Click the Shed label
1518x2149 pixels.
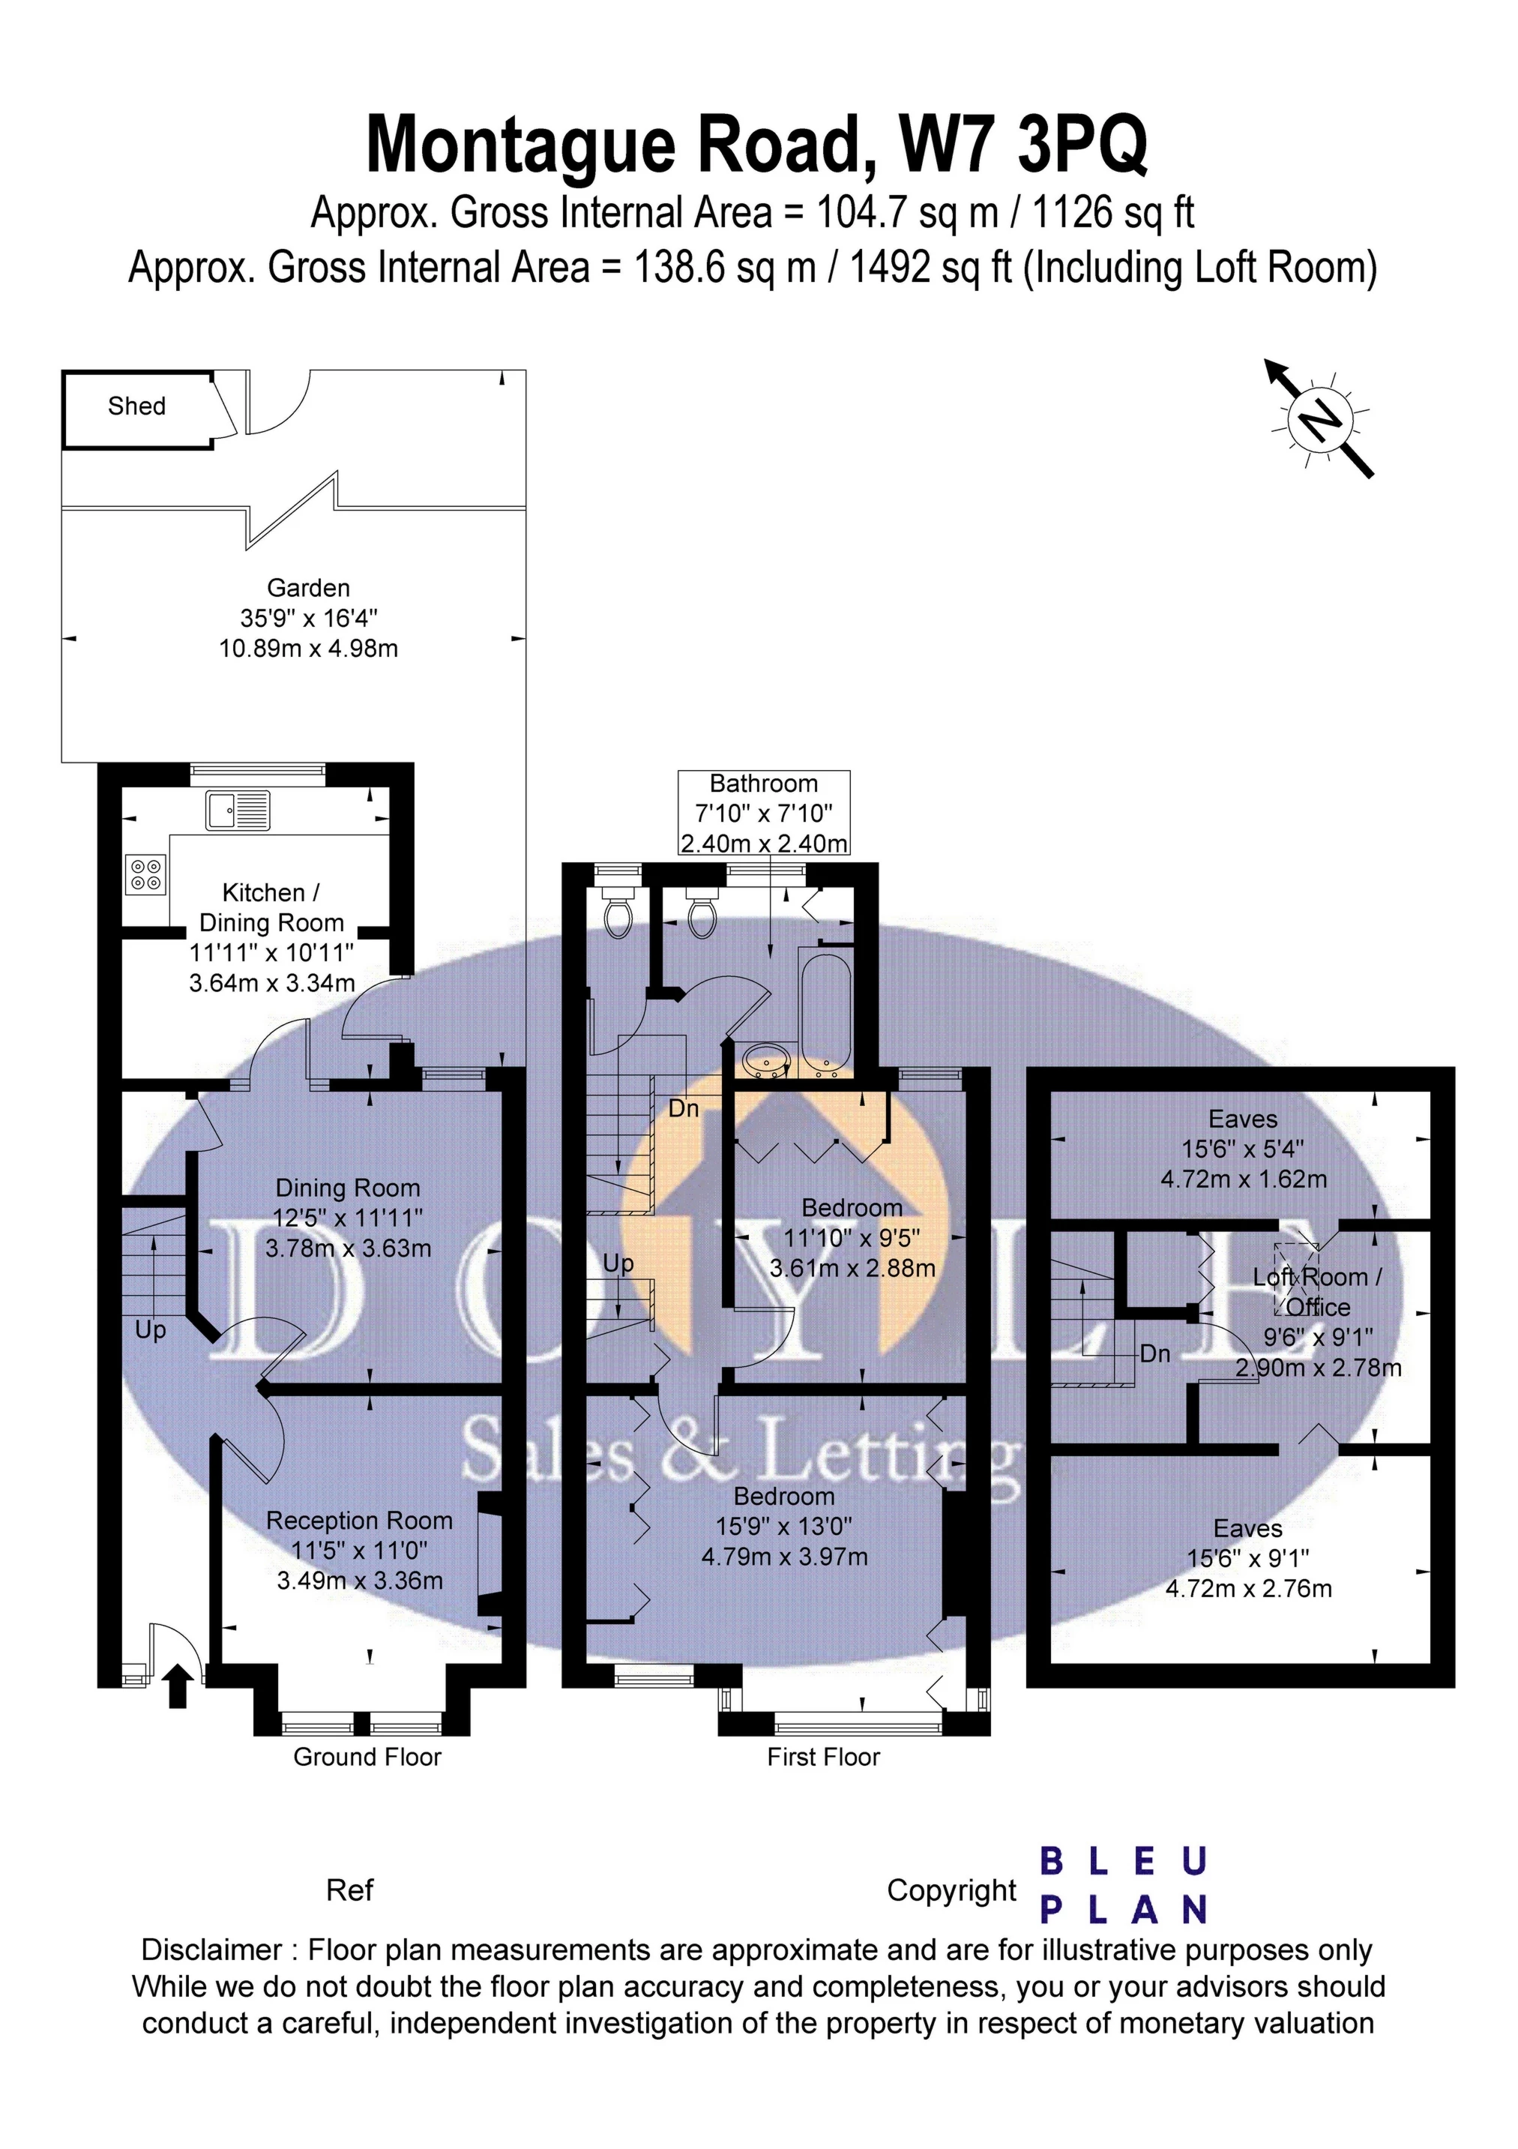click(x=136, y=406)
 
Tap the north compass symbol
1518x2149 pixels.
click(x=1319, y=418)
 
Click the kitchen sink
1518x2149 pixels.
click(x=238, y=811)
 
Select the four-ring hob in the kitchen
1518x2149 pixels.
click(x=145, y=874)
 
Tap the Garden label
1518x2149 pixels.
click(x=309, y=588)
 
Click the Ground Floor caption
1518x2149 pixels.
click(x=367, y=1757)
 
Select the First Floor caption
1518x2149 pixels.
click(x=824, y=1757)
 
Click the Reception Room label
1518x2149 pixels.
click(x=359, y=1521)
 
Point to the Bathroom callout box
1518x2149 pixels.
click(x=764, y=812)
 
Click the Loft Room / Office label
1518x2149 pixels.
click(x=1318, y=1292)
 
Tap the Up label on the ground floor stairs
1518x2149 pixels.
click(x=151, y=1331)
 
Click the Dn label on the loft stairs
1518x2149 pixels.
click(x=1155, y=1353)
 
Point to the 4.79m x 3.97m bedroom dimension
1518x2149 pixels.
click(x=784, y=1557)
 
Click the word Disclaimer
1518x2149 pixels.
click(x=211, y=1950)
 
